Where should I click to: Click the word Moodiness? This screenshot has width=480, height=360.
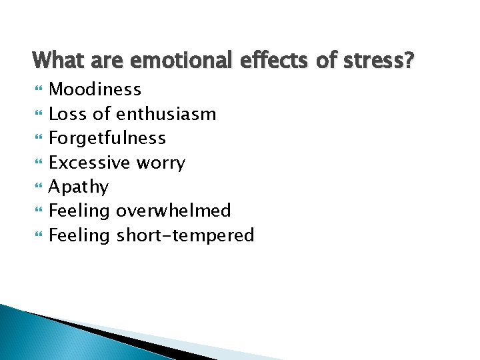click(95, 89)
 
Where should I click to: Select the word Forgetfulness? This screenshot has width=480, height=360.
click(107, 138)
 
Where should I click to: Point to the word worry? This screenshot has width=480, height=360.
click(161, 163)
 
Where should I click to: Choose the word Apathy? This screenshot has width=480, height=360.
click(79, 187)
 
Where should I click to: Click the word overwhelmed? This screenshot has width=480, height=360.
click(173, 211)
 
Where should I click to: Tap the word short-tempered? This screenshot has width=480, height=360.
click(185, 235)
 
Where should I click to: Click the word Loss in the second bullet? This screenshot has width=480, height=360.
click(68, 114)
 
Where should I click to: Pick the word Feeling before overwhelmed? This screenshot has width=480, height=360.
click(80, 211)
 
